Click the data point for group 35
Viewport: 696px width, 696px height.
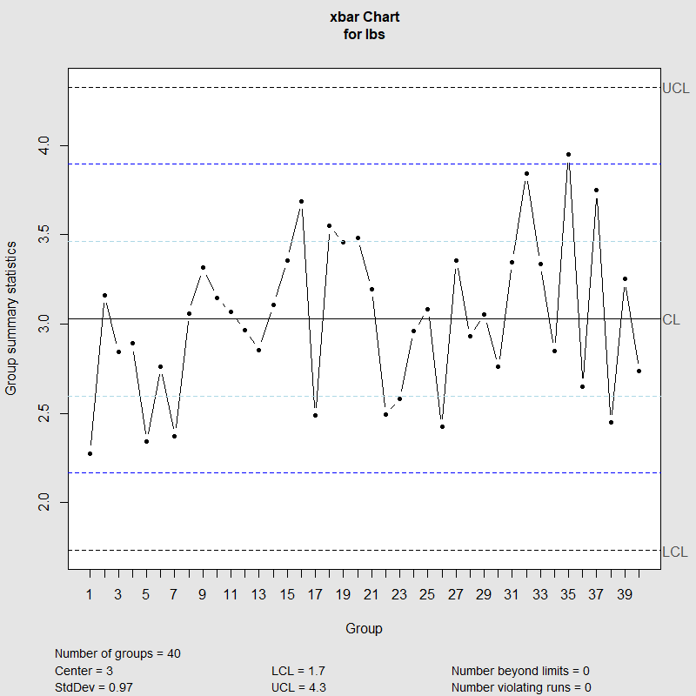568,154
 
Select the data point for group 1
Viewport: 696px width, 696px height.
90,453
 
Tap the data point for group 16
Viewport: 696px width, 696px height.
301,201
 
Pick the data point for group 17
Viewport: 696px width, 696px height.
315,415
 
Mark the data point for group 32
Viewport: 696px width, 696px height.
526,173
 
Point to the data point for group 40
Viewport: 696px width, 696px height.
639,371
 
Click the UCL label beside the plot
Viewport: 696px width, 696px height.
676,88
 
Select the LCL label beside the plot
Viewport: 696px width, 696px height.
675,552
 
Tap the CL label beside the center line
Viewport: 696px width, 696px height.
671,319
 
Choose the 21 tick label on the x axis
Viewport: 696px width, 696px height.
371,595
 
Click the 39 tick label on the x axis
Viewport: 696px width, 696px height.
625,595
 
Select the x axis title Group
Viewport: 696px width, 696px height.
364,628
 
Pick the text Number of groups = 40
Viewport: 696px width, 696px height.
117,653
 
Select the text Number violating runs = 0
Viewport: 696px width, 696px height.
520,687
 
